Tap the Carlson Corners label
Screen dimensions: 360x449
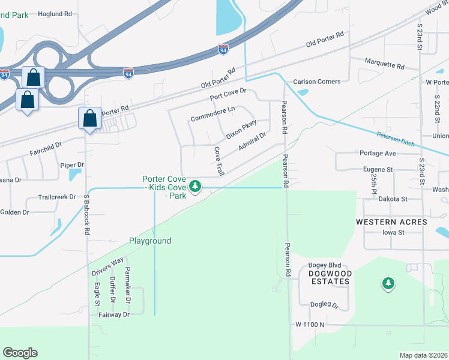click(x=316, y=82)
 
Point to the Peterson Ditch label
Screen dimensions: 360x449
click(x=396, y=140)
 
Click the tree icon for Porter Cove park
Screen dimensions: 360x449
click(x=195, y=187)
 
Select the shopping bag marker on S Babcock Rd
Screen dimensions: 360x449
click(x=89, y=118)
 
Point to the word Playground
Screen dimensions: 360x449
click(x=150, y=241)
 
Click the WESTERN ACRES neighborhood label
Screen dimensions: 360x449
click(x=391, y=222)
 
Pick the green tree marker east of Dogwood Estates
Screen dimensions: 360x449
click(x=388, y=283)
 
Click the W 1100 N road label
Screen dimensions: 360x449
click(x=310, y=325)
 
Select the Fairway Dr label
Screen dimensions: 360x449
click(x=114, y=314)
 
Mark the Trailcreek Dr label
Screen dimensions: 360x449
click(x=57, y=197)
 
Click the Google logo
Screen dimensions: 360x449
click(x=20, y=352)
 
